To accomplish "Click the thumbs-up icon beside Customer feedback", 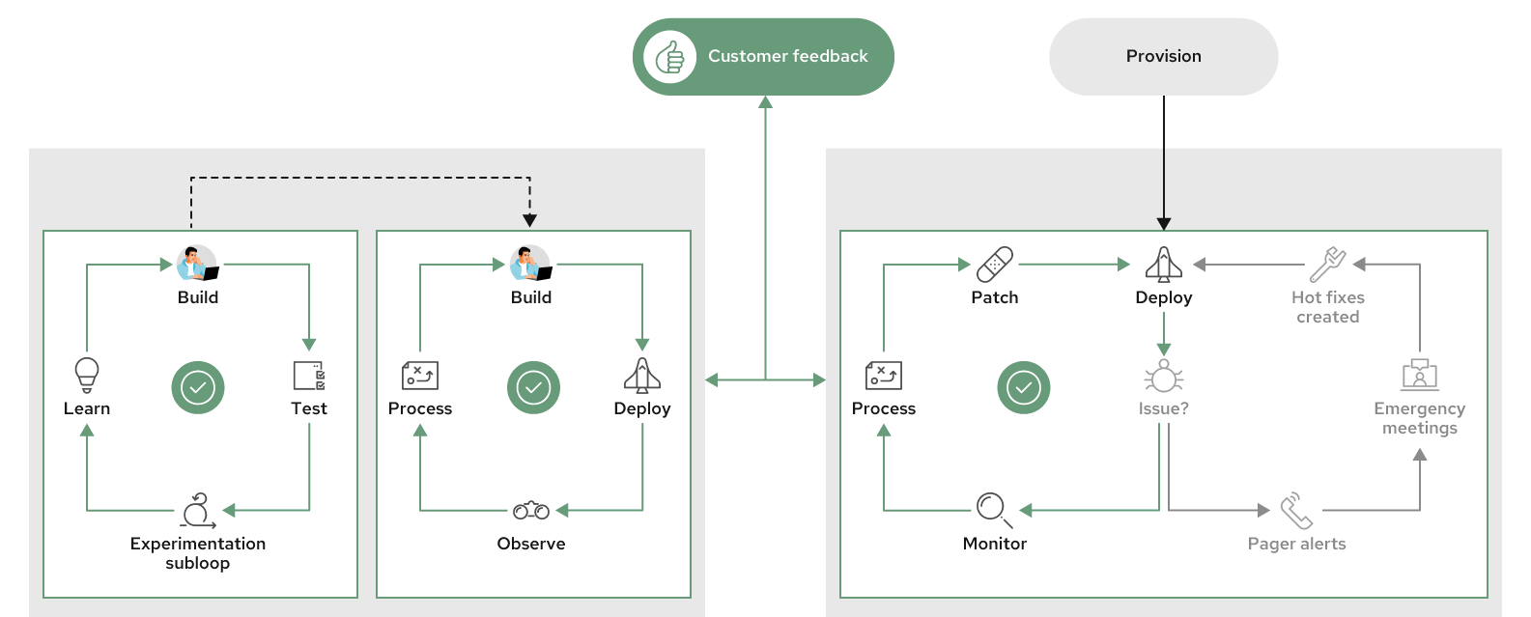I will coord(669,57).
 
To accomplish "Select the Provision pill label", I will coord(1163,56).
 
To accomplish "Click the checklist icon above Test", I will coord(309,376).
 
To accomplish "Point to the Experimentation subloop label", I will coord(198,552).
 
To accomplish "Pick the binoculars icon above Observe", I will coord(531,510).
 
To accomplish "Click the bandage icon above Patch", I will coord(995,264).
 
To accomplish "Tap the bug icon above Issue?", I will coord(1164,377).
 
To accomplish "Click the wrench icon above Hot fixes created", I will coord(1328,264).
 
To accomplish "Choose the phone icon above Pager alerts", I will coord(1296,510).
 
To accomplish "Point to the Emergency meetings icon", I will coord(1419,375).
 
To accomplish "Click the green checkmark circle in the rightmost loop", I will coord(1023,388).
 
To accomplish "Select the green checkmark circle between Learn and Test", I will coord(198,388).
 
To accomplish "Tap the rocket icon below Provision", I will coord(1164,264).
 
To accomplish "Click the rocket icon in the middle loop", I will coord(642,376).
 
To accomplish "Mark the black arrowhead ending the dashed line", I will coord(529,221).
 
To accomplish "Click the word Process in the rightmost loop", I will coord(883,408).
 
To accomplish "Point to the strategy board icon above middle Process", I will coord(420,376).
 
